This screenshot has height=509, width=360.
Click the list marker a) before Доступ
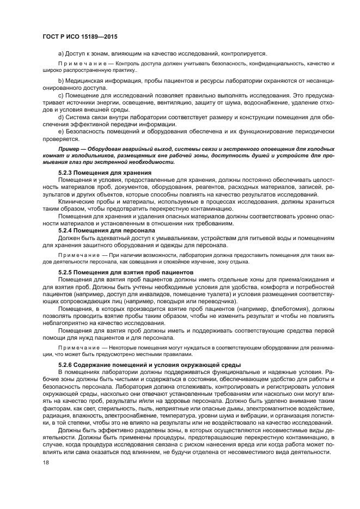pyautogui.click(x=60, y=53)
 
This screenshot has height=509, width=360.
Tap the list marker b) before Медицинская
pyautogui.click(x=60, y=81)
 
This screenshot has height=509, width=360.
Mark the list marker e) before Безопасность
pyautogui.click(x=60, y=132)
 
